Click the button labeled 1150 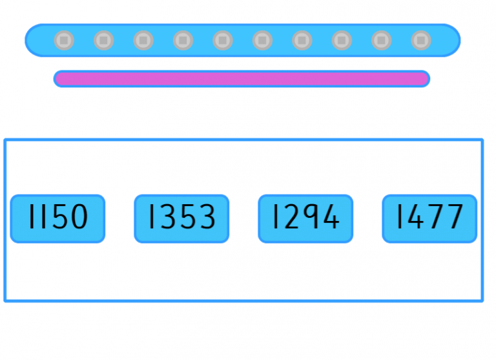click(57, 218)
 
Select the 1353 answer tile click(181, 218)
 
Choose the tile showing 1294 click(305, 218)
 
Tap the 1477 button click(429, 218)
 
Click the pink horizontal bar click(242, 79)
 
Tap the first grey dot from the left click(64, 41)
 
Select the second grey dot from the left click(104, 41)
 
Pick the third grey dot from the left click(143, 41)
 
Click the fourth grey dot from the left click(183, 41)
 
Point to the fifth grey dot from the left click(223, 41)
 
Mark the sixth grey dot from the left click(262, 41)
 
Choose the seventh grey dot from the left click(302, 41)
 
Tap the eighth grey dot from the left click(342, 41)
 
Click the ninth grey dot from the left click(382, 41)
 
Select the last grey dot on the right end click(421, 41)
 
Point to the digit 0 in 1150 click(77, 217)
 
